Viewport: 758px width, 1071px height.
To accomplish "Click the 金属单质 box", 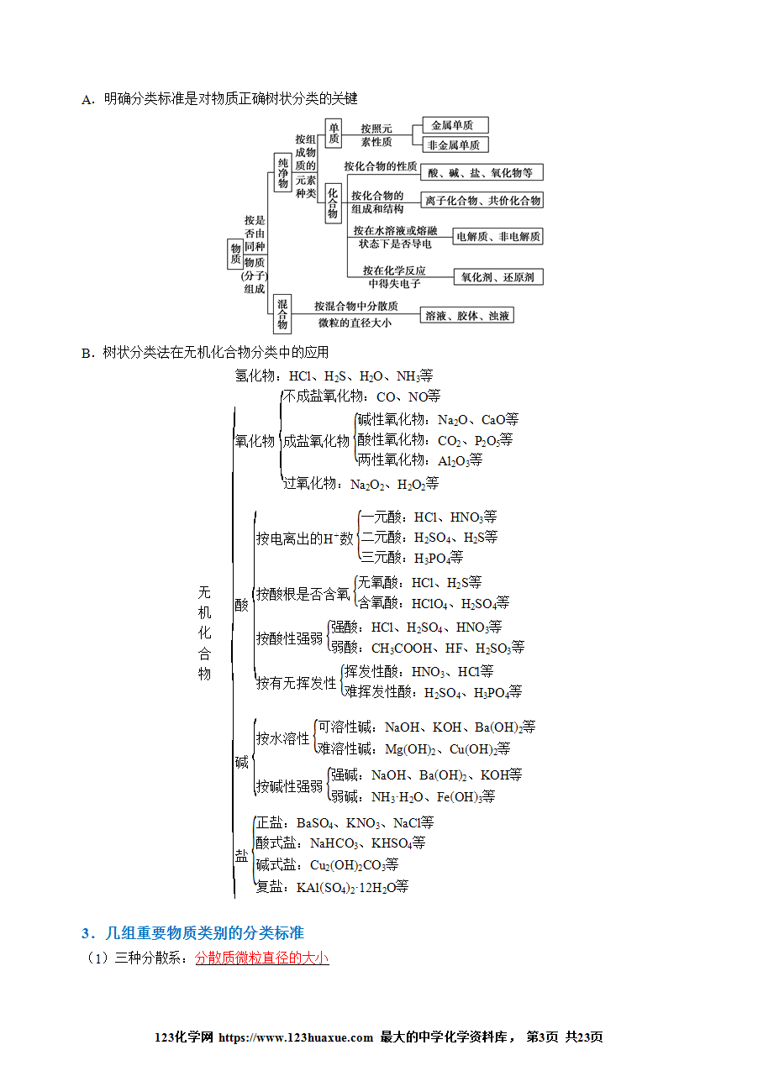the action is [455, 125].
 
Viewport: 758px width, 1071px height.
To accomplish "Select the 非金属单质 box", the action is [455, 144].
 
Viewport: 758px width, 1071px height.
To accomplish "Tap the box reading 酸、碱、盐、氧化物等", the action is [482, 172].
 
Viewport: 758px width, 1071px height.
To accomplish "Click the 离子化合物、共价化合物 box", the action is [482, 200].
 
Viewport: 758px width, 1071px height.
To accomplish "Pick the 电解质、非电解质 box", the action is [497, 236].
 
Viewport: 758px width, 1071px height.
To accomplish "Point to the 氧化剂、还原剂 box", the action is [498, 277].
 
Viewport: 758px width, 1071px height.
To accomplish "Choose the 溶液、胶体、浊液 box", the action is [466, 316].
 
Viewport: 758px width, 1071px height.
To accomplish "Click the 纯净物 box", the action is [282, 172].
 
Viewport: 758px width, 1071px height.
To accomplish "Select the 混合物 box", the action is [282, 313].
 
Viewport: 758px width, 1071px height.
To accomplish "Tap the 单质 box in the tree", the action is [334, 133].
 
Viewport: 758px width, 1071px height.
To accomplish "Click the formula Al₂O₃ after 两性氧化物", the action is [453, 460].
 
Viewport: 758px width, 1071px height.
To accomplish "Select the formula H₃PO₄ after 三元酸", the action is [432, 558].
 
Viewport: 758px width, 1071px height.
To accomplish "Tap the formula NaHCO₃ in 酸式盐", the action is [334, 843].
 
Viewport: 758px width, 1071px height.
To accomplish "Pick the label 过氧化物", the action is [309, 483].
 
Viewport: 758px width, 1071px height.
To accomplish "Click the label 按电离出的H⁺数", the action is [305, 538].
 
